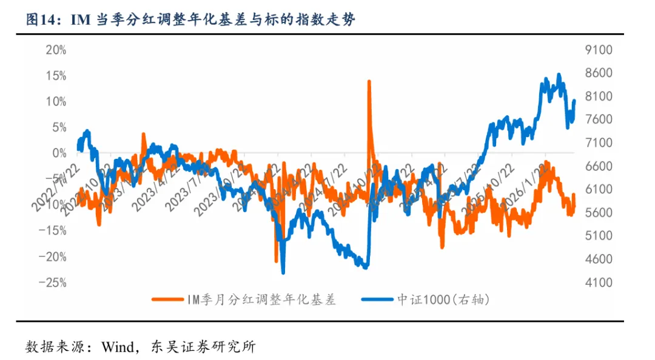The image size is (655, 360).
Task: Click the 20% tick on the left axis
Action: point(56,50)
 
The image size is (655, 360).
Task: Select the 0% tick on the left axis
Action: point(59,153)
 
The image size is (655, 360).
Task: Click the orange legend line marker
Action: point(167,299)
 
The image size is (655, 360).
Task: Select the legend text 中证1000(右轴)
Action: point(443,299)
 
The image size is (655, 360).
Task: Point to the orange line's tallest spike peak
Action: point(369,81)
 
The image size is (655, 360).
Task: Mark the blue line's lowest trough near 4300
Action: point(283,273)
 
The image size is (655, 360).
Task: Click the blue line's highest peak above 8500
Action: point(559,75)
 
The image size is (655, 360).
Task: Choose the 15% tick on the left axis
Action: point(56,76)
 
